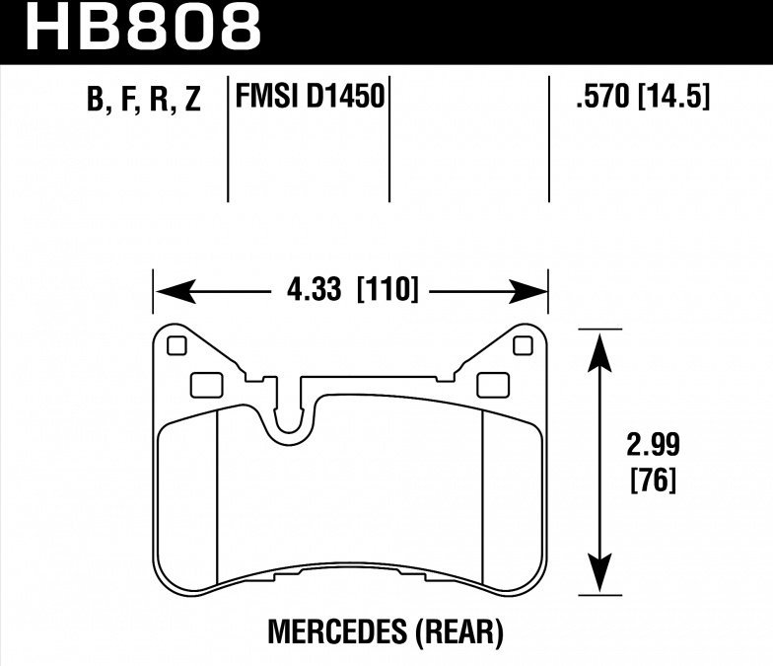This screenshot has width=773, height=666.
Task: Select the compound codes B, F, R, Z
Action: [x=143, y=101]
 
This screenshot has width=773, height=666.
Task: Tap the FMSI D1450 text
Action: [x=310, y=99]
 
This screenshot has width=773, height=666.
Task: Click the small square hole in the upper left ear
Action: [x=177, y=346]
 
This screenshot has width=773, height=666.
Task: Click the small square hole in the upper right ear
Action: [x=524, y=345]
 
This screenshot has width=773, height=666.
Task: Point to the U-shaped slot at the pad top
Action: [x=288, y=414]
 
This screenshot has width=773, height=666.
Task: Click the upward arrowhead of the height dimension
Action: [x=597, y=346]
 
